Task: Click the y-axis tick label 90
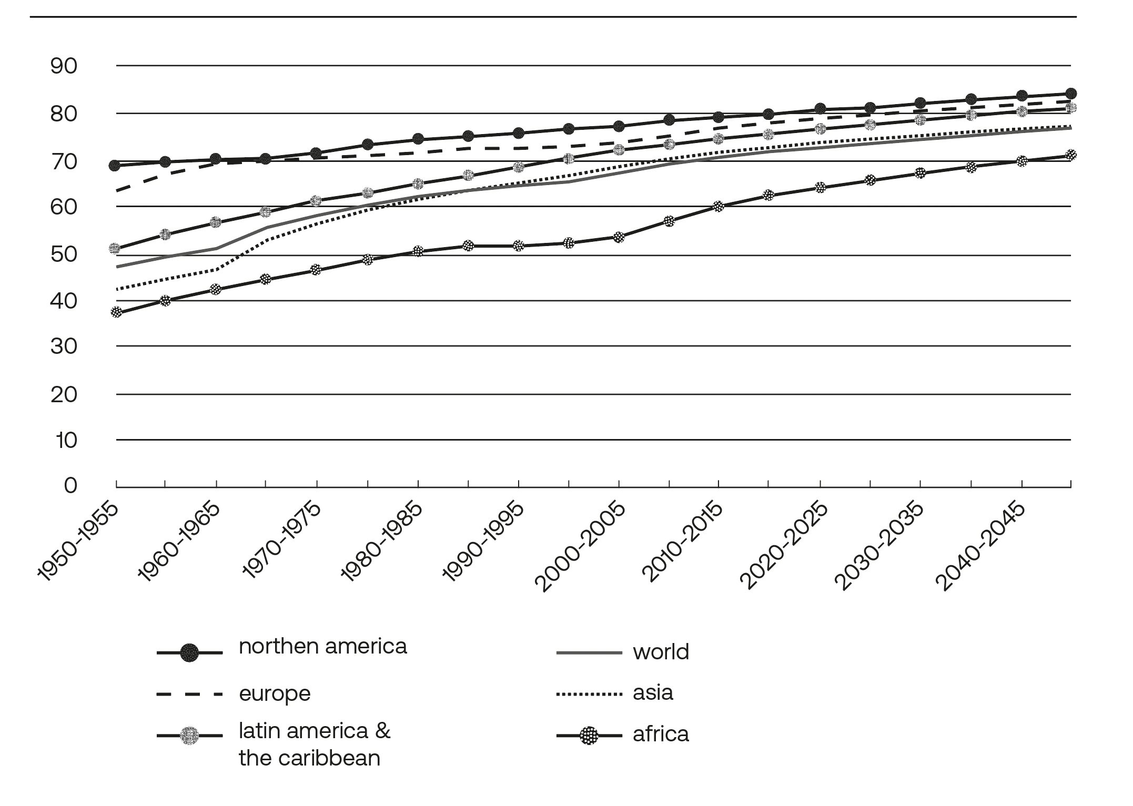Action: (x=64, y=66)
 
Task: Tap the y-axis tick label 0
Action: (x=70, y=485)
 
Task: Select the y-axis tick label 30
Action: (x=64, y=346)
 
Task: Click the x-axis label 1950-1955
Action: (x=78, y=542)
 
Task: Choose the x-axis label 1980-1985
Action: (x=381, y=542)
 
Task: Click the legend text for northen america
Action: (x=322, y=647)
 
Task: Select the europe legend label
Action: (x=275, y=694)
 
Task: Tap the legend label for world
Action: (x=661, y=652)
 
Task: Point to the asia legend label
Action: (x=653, y=693)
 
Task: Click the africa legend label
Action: (x=661, y=734)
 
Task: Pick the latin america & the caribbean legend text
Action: (x=314, y=744)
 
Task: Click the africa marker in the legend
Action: (x=589, y=736)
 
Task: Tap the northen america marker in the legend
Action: (x=189, y=654)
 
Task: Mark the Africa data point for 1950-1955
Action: (x=116, y=312)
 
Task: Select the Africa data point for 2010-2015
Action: (x=719, y=207)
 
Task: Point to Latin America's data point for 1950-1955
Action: (x=115, y=248)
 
